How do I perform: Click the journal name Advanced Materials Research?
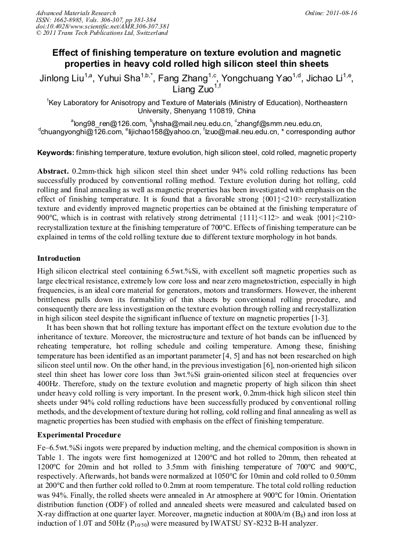76,13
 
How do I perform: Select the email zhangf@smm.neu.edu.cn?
280,123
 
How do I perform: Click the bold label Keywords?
55,153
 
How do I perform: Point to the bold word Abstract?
53,173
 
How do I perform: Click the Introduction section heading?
59,258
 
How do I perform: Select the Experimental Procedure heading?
79,435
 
